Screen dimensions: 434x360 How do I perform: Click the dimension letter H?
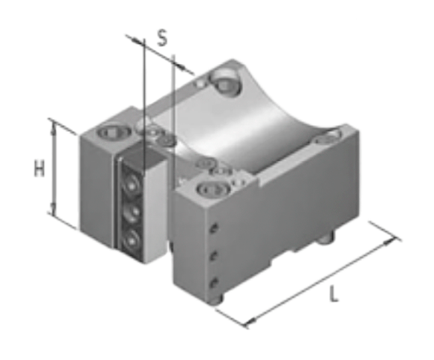[39, 168]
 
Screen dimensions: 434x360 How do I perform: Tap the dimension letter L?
[334, 294]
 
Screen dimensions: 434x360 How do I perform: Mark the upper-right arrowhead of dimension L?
[389, 242]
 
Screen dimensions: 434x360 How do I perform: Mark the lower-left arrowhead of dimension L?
[251, 321]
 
